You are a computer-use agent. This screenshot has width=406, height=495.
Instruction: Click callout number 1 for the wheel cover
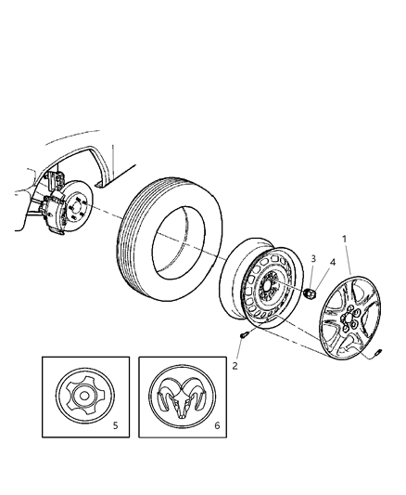346,239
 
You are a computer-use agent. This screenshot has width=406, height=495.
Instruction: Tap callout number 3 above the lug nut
313,259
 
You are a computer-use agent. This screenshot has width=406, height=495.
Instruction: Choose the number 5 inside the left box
115,426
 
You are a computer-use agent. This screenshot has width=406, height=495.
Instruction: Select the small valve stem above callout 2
244,332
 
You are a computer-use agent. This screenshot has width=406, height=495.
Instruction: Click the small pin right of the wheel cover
381,354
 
